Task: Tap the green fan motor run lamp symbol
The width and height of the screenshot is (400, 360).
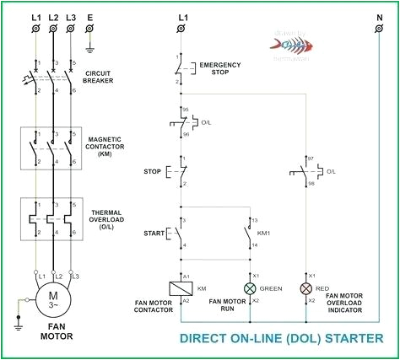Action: click(x=250, y=288)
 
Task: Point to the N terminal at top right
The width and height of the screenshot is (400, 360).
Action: click(x=378, y=30)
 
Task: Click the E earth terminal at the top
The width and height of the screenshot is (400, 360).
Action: click(x=89, y=30)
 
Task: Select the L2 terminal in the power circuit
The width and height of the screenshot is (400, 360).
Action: click(x=53, y=30)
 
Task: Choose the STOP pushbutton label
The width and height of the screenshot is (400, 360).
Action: click(x=154, y=172)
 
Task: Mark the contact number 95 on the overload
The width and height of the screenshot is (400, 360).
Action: click(x=185, y=109)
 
